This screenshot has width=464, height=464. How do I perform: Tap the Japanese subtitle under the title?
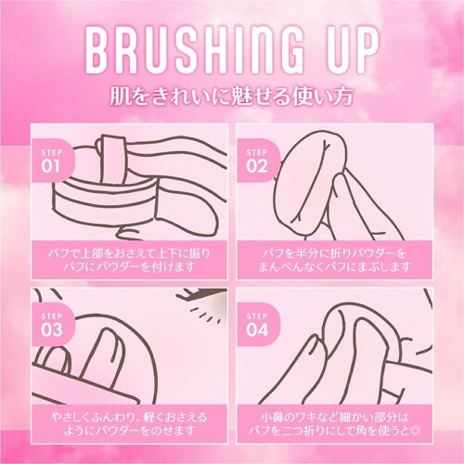(231, 97)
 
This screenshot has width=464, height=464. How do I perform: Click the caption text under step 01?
(130, 260)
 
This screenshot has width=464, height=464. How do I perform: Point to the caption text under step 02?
(334, 260)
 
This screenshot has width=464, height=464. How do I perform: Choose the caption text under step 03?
(130, 424)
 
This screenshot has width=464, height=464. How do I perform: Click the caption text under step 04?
(334, 424)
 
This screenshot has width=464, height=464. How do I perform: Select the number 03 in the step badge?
(51, 330)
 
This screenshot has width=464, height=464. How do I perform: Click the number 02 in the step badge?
(257, 166)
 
